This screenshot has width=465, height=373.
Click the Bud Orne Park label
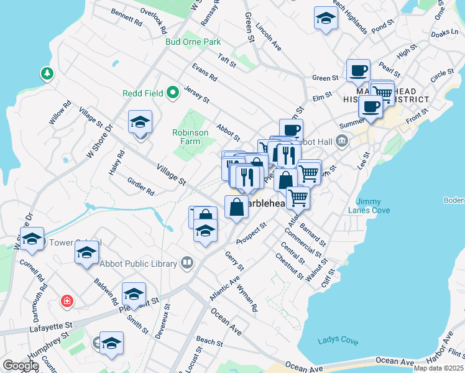pyautogui.click(x=193, y=42)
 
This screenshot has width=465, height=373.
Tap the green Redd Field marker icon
pyautogui.click(x=173, y=93)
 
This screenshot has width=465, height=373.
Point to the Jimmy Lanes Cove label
pyautogui.click(x=373, y=206)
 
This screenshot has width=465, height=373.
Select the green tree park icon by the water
pyautogui.click(x=47, y=74)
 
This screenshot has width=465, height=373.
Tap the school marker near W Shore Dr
pyautogui.click(x=140, y=122)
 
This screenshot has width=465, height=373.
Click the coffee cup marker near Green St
pyautogui.click(x=357, y=70)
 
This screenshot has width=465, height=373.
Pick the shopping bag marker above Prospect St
pyautogui.click(x=237, y=207)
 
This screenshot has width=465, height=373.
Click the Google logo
pyautogui.click(x=21, y=366)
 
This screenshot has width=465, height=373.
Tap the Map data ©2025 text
pyautogui.click(x=438, y=368)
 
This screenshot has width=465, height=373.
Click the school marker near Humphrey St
pyautogui.click(x=111, y=343)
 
